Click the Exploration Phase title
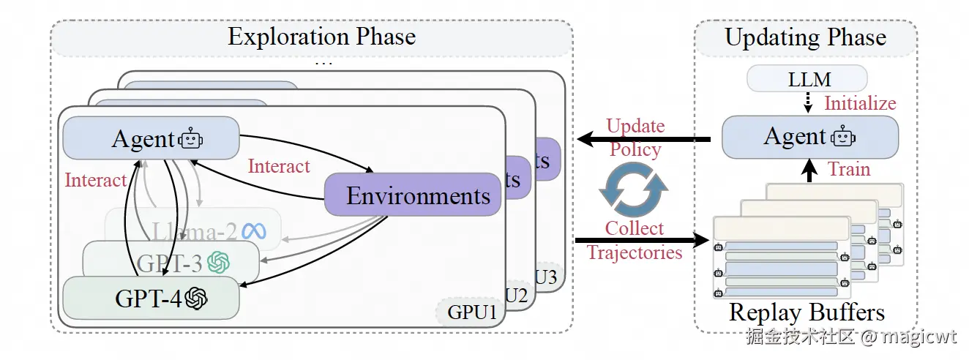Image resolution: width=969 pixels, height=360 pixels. tap(321, 37)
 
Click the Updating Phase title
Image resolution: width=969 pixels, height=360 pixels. tap(805, 37)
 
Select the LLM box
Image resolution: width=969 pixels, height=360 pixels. tap(807, 78)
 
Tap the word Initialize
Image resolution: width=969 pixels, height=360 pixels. tap(860, 103)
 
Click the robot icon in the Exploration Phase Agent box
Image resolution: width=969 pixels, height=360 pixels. tap(191, 138)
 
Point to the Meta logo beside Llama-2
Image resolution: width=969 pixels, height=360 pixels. tap(253, 231)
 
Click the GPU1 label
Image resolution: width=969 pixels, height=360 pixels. tap(468, 314)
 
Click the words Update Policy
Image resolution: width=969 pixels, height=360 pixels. tap(635, 138)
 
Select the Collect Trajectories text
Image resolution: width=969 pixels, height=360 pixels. tap(635, 240)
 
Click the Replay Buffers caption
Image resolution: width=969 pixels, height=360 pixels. tap(807, 313)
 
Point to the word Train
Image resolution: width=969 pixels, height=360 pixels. tap(849, 170)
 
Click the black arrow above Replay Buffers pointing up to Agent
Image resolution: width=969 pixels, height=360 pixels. tap(808, 171)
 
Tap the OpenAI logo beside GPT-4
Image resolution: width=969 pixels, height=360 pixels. tap(196, 298)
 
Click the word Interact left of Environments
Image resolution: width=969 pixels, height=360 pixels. tap(279, 166)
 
